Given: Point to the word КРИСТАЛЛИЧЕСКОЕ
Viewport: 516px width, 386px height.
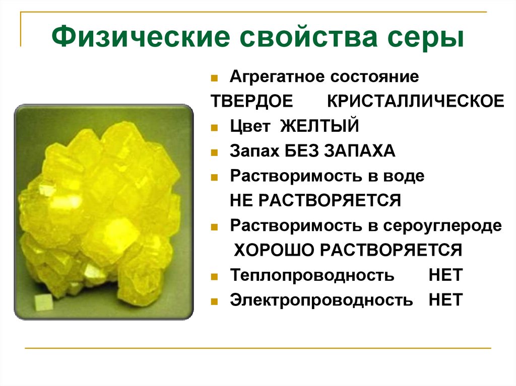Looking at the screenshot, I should coord(415,101).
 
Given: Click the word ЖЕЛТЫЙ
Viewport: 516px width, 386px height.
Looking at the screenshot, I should coord(319,125).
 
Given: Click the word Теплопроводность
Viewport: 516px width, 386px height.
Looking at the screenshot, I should coord(312,275).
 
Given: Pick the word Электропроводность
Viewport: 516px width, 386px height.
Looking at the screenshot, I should coord(321,300).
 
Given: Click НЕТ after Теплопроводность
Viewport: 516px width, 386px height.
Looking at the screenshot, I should coord(445,275).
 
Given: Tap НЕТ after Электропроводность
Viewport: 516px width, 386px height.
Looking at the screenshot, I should coord(445,300).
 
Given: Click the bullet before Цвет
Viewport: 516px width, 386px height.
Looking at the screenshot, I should coord(215,127).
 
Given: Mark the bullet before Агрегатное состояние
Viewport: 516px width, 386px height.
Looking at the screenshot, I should coord(215,79).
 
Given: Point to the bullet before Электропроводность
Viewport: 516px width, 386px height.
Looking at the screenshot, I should coord(215,302).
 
